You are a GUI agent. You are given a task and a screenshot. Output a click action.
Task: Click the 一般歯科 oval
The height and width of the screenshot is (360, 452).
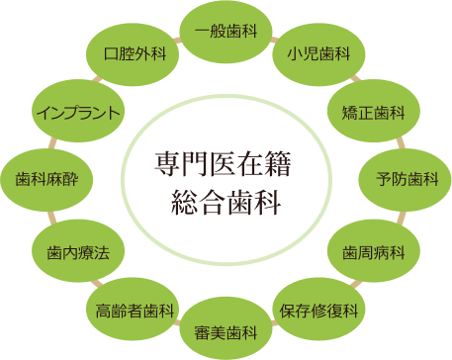226,31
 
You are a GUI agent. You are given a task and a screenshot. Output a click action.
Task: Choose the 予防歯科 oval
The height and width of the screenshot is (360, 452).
406,178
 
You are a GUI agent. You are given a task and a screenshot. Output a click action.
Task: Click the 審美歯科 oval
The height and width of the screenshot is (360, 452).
226,329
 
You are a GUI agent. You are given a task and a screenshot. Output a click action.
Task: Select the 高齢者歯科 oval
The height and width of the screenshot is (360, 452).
136,310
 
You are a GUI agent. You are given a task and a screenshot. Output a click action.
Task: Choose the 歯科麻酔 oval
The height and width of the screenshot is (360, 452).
46,179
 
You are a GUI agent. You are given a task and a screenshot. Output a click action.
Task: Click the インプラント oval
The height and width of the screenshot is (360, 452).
77,111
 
